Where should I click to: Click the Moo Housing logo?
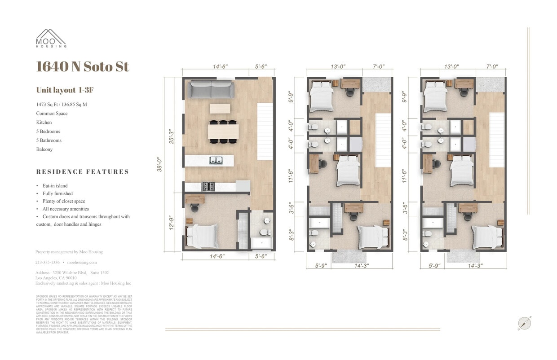(51, 38)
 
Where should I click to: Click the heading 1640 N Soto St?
(83, 66)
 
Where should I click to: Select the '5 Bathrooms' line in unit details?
(49, 140)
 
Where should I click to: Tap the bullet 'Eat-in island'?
(55, 186)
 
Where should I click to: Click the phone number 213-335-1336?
(47, 262)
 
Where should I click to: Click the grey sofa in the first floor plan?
(211, 90)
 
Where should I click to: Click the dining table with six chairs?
(223, 132)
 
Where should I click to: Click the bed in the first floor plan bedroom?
(202, 236)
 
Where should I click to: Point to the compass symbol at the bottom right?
(524, 323)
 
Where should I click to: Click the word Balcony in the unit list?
(44, 149)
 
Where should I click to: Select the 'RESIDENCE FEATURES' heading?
(83, 172)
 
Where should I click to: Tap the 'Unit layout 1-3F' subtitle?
(65, 90)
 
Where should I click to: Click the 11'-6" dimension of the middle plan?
(291, 176)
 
